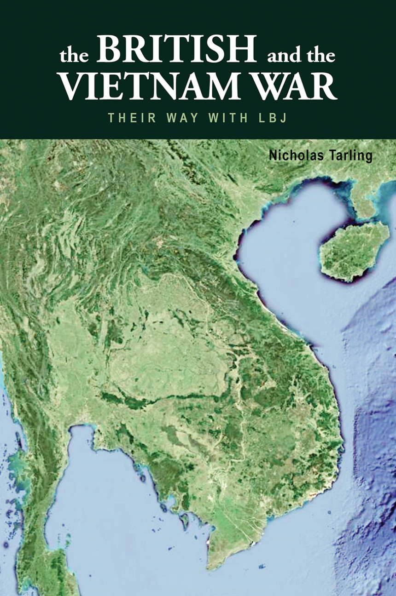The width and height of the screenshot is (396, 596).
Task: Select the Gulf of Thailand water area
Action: tap(115, 497)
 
